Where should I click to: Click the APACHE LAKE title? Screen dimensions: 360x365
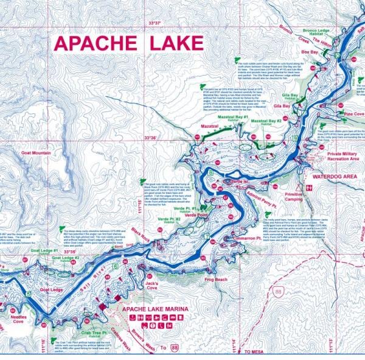coord(128,43)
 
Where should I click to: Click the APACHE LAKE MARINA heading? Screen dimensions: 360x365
coord(155,309)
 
